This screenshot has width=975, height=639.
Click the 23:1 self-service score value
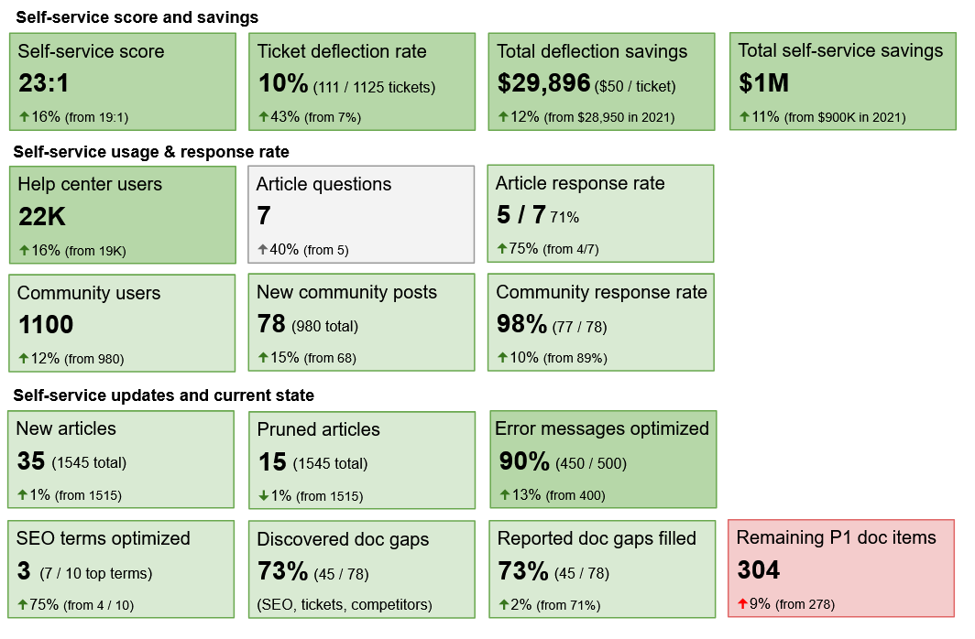coord(44,84)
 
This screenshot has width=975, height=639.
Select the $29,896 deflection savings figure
coord(543,84)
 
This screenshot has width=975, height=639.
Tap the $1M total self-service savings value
coord(763,84)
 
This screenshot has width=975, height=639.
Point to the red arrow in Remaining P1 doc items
coord(742,604)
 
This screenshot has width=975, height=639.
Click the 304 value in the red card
coord(759,571)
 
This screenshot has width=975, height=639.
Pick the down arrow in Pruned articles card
coord(263,496)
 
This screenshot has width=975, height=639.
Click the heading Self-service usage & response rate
coord(151,152)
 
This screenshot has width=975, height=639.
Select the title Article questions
coord(323,184)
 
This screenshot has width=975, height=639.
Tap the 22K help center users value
coord(42,217)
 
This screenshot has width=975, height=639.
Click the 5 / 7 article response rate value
coord(520,215)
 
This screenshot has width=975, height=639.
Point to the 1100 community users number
coord(46,325)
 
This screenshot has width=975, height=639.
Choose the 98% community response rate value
coord(521,324)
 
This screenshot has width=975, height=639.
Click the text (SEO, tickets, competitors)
coord(344,605)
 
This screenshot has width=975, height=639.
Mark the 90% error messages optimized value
coord(524,461)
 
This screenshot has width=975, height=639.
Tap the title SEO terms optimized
coord(103,538)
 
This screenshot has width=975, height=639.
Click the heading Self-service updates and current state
coord(163,395)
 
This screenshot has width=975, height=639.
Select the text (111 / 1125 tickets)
coord(374,88)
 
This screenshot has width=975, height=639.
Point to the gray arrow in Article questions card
coord(263,249)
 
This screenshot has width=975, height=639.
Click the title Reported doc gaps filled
coord(597,538)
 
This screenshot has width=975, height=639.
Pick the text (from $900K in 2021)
coord(845,117)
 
